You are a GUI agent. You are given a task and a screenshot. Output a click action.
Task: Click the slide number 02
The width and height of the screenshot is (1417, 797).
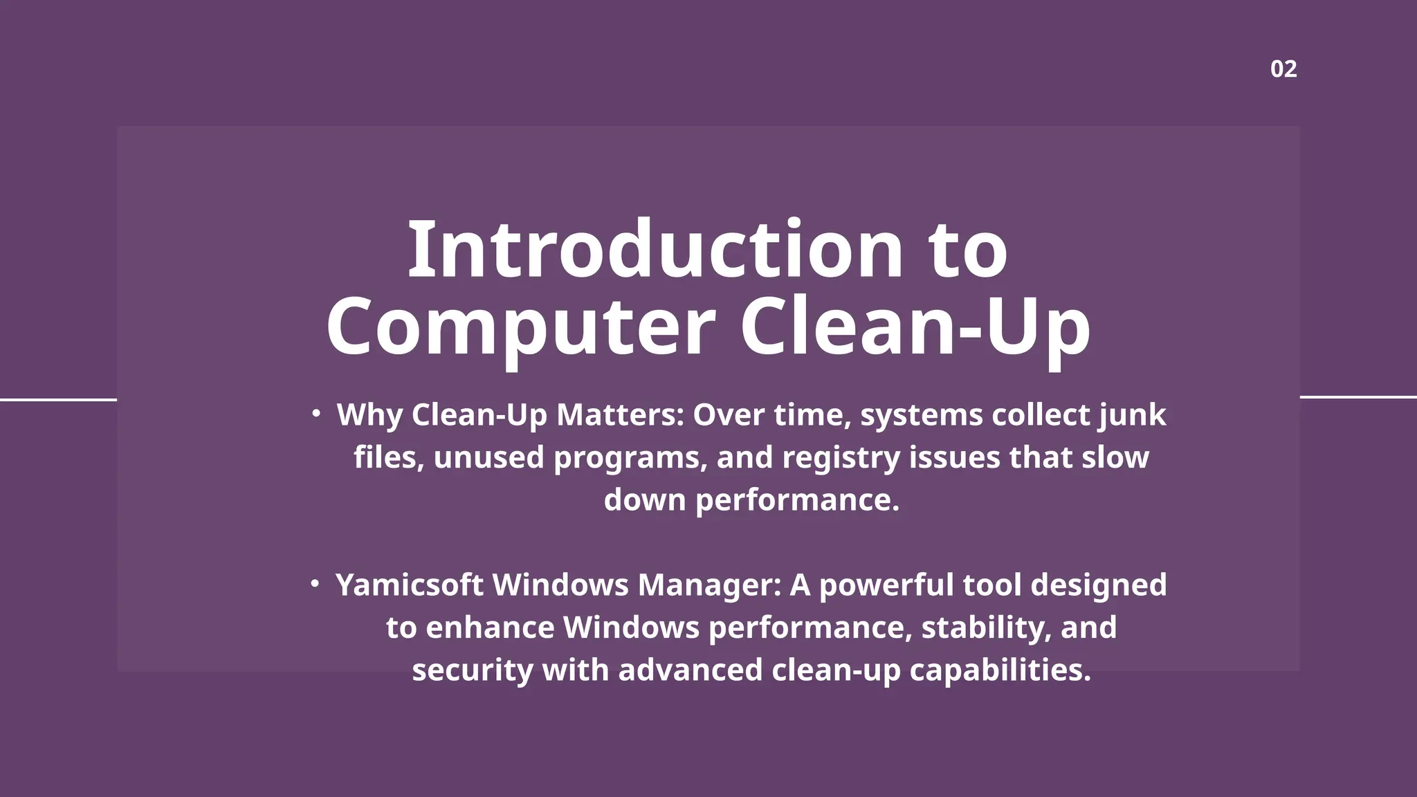point(1283,69)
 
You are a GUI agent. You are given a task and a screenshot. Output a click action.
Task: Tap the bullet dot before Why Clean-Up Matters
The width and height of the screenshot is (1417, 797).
point(316,414)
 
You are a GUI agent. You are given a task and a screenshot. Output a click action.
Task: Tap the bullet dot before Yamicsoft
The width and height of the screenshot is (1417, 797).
point(315,584)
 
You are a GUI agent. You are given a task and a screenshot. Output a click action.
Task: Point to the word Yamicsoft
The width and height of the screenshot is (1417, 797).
point(409,585)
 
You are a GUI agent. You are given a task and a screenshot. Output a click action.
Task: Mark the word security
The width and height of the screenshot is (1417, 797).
point(473,670)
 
